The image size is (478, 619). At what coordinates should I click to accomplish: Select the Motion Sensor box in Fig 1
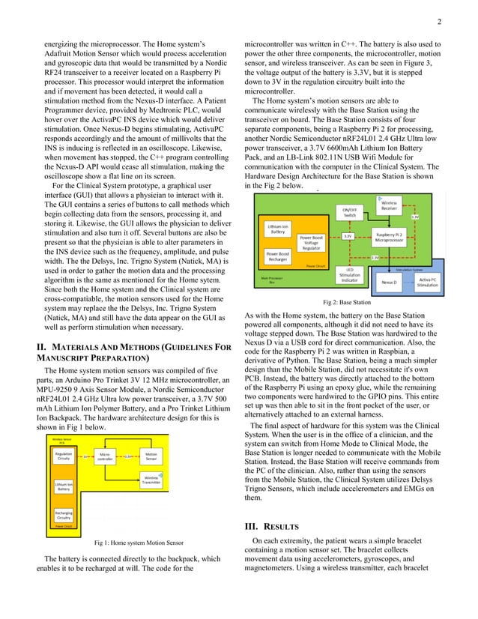tap(151, 456)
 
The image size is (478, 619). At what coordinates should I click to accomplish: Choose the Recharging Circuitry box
tap(63, 516)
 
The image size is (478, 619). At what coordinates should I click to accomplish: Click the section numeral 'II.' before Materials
tap(43, 369)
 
